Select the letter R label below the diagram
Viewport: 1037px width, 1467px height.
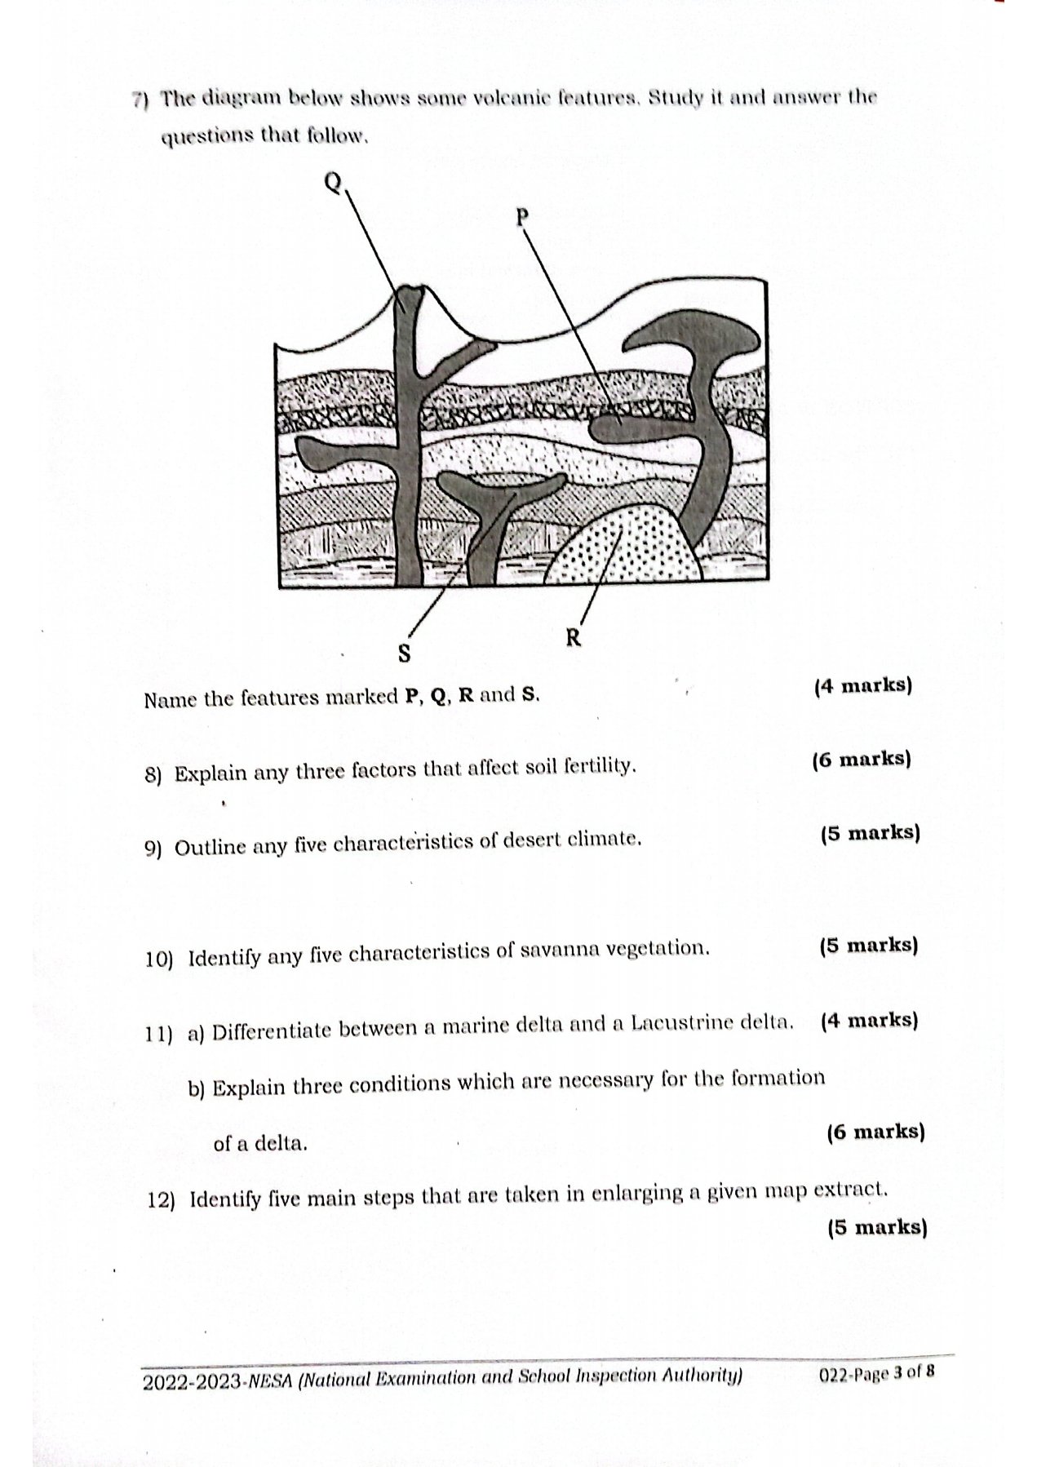pos(574,637)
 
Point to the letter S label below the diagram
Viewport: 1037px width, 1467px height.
pos(403,653)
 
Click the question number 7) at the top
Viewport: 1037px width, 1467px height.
pos(140,100)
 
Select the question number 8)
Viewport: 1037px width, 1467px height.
pos(154,774)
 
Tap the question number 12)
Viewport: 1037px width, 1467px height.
pos(162,1200)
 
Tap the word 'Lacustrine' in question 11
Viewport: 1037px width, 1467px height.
pos(680,1022)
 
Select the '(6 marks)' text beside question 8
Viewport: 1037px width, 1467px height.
pos(861,759)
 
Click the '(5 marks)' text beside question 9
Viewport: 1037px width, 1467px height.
pos(870,833)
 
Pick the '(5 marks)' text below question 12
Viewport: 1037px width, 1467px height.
pos(876,1227)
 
